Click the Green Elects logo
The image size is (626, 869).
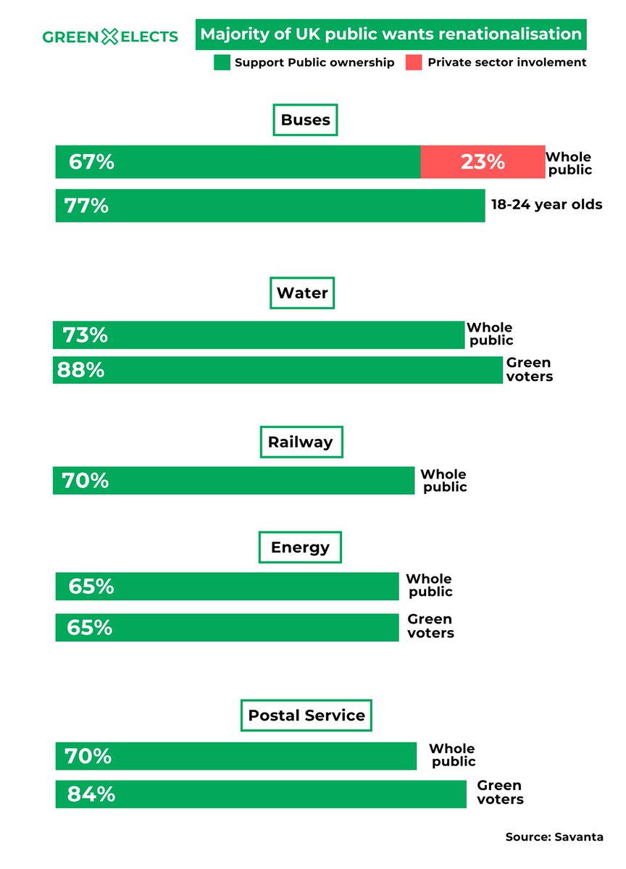point(110,36)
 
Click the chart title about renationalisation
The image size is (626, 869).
point(391,34)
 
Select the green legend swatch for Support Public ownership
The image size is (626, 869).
point(222,63)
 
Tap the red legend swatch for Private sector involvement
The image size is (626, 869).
point(413,63)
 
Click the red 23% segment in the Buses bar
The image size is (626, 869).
point(483,161)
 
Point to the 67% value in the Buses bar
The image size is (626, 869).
point(91,161)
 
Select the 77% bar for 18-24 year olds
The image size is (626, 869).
point(270,206)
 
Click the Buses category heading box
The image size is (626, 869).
point(305,120)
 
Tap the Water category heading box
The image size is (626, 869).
point(302,293)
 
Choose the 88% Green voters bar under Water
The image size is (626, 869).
point(277,370)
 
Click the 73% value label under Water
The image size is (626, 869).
point(85,335)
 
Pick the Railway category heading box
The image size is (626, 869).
point(300,442)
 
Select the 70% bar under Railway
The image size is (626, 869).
point(233,481)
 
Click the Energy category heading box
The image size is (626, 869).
point(300,547)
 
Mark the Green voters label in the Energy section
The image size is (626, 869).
point(430,626)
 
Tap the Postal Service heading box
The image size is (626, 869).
point(306,715)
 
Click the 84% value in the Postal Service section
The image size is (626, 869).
point(91,794)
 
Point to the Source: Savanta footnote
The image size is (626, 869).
point(554,837)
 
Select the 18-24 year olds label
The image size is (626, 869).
point(546,204)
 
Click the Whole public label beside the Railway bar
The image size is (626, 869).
point(444,481)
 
